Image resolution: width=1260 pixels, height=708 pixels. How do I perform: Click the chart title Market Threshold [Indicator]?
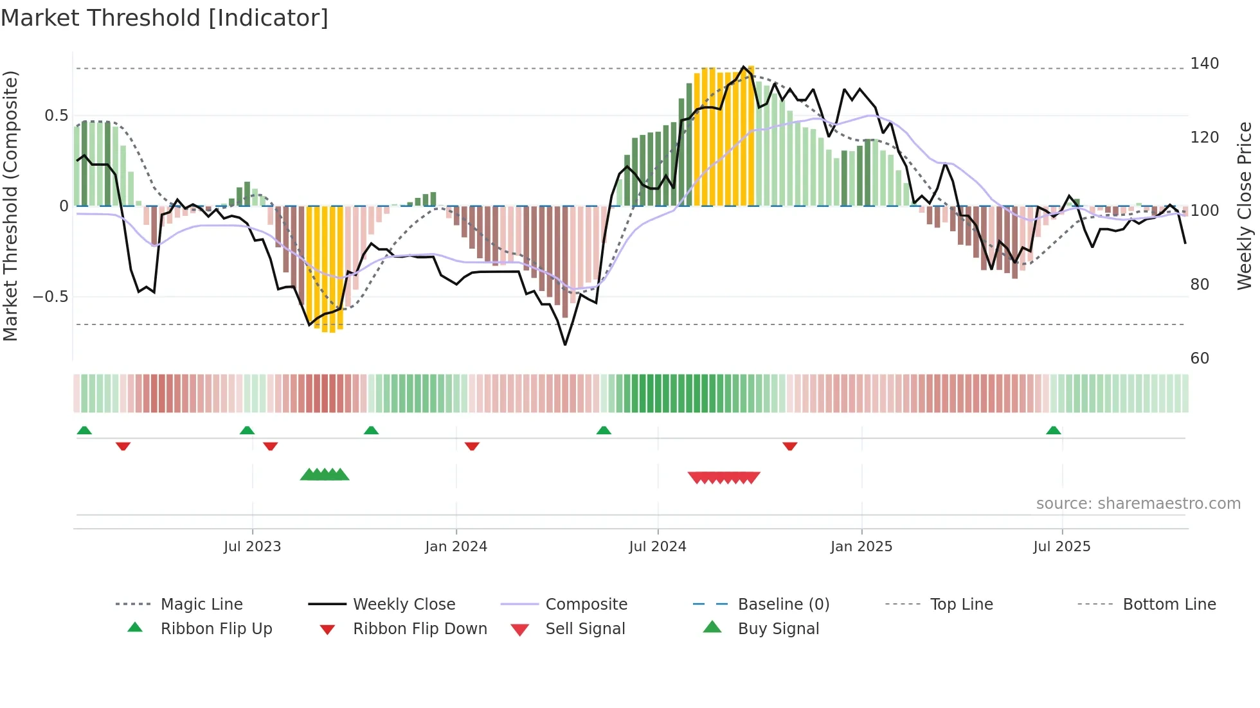coord(165,18)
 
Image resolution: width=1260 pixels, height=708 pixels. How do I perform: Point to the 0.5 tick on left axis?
coord(56,116)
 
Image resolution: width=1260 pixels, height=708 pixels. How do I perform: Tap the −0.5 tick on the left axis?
coord(51,297)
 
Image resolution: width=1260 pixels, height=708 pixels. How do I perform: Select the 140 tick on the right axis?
coord(1204,64)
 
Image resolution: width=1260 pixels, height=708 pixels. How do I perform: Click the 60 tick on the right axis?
coord(1200,358)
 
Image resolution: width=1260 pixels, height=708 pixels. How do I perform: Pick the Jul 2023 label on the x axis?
coord(252,547)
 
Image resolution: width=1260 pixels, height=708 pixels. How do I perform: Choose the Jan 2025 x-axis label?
coord(861,547)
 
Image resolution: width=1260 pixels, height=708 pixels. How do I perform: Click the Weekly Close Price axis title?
coord(1245,206)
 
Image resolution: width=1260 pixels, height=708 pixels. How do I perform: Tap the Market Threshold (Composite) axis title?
coord(10,206)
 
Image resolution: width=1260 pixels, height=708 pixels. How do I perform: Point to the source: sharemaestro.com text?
coord(1138,504)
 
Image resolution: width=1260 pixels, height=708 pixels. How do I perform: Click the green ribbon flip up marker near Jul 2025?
coord(1053,430)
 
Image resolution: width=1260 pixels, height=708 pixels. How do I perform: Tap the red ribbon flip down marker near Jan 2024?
coord(472,446)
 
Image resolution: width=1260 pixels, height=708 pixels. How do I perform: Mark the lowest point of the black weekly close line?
coord(565,345)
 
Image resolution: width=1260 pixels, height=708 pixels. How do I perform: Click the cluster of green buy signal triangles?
coord(325,475)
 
